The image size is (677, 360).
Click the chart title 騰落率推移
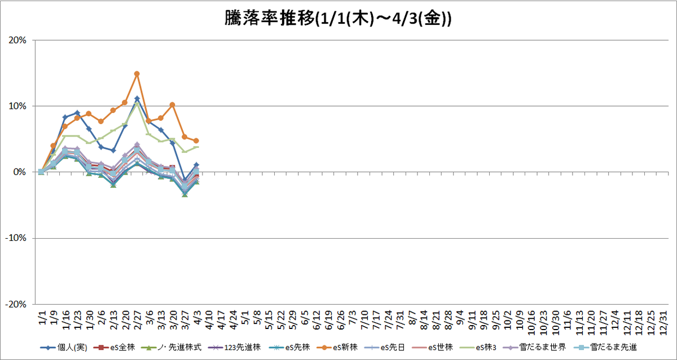pos(270,19)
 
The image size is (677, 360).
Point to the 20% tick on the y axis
pos(17,40)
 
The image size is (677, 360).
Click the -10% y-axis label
pos(16,238)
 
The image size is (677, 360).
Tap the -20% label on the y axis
pos(16,304)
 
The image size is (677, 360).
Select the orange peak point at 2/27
pos(137,74)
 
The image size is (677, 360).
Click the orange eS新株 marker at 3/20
pos(172,105)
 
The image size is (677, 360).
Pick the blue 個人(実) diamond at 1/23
pos(77,113)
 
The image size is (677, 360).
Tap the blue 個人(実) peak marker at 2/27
pos(137,99)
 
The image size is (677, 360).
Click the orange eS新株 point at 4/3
pos(196,141)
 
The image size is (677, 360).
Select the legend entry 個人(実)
pos(64,348)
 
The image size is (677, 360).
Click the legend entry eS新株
pos(337,348)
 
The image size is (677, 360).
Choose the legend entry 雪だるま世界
pos(534,348)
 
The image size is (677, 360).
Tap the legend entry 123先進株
pos(235,348)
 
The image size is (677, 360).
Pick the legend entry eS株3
pos(478,348)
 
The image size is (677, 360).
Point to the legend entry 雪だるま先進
pos(605,348)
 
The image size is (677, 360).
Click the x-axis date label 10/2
pos(508,320)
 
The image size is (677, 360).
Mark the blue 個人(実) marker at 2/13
pos(113,151)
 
